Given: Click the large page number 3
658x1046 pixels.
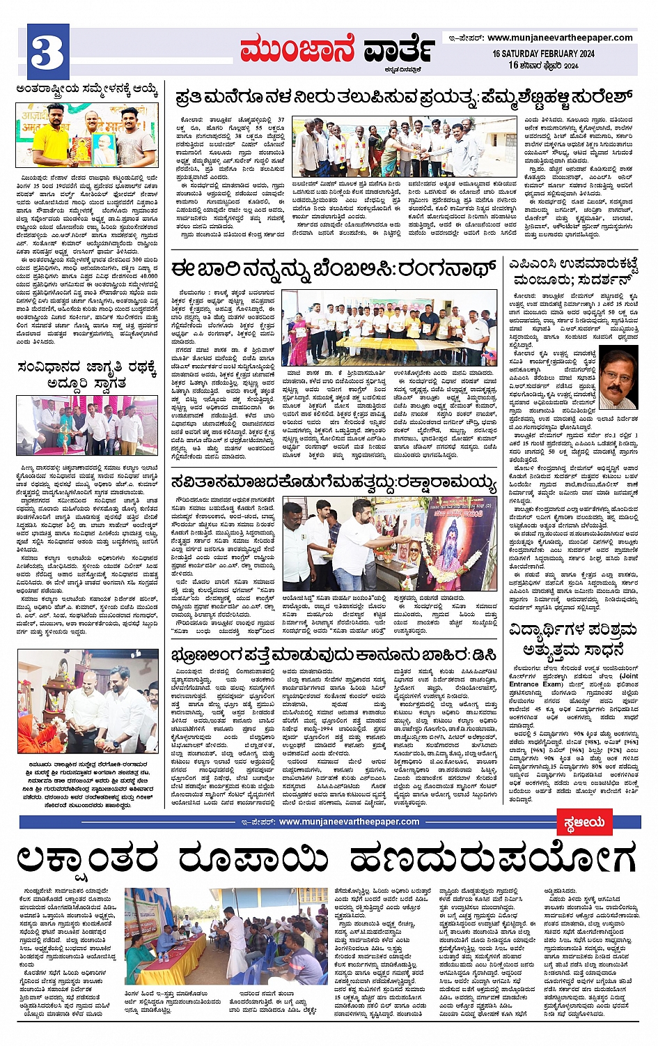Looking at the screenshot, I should click(x=48, y=52).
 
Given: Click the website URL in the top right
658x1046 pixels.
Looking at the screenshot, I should click(x=560, y=38).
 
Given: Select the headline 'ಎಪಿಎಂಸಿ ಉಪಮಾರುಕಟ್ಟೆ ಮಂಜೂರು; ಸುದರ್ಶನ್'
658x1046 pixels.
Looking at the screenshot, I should click(x=573, y=272).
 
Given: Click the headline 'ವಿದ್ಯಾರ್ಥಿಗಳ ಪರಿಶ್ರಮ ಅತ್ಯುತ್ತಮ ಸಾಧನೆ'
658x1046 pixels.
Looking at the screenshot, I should click(x=573, y=639).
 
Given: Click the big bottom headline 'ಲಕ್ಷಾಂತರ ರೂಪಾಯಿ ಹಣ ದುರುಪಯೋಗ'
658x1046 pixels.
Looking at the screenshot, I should click(x=327, y=856).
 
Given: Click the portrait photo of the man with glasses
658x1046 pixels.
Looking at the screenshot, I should click(x=618, y=380).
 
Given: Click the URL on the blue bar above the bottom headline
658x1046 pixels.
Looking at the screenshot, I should click(x=349, y=822).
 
